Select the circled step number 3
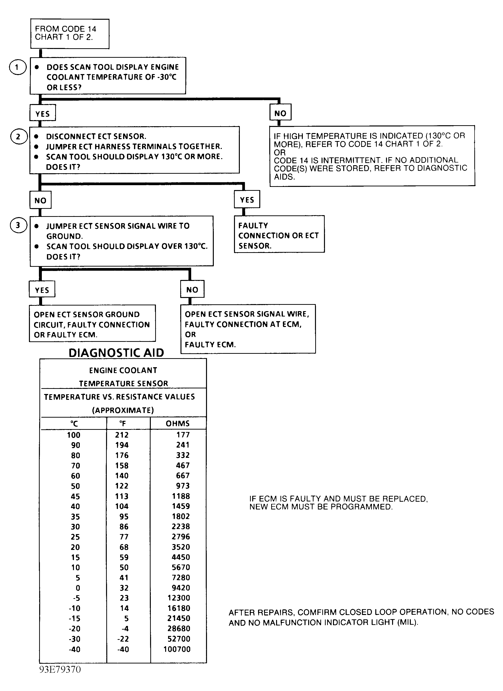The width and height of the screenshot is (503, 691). (x=18, y=225)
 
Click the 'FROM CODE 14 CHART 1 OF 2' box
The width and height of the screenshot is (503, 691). (x=70, y=34)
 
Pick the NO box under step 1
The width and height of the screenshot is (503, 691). (x=280, y=113)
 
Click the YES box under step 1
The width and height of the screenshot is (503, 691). (x=42, y=114)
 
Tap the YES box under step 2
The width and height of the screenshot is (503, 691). (x=247, y=200)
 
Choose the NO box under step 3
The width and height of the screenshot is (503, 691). (x=192, y=289)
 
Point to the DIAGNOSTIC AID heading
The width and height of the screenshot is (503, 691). (x=116, y=353)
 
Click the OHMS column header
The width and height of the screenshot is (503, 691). (x=178, y=423)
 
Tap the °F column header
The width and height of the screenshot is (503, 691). (x=122, y=423)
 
